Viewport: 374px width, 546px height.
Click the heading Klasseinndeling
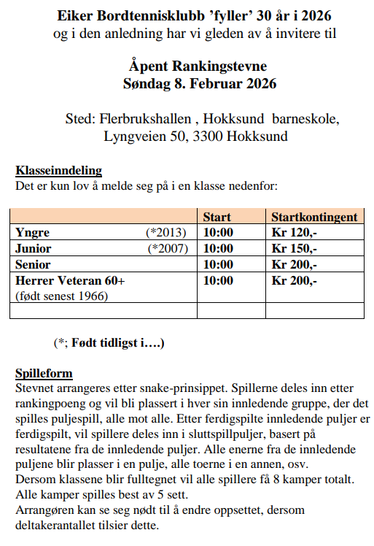(58, 171)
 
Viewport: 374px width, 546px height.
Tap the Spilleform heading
(44, 373)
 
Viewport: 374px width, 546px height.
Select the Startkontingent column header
(314, 217)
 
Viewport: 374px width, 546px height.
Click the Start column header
(217, 217)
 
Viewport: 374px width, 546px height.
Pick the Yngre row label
(32, 233)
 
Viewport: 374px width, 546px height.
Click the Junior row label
(34, 248)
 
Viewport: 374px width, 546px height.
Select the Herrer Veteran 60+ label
(70, 280)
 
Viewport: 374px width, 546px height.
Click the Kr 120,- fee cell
(294, 233)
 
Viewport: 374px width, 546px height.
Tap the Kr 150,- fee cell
(294, 248)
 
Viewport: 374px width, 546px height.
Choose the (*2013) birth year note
(167, 233)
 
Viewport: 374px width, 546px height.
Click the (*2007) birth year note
(168, 248)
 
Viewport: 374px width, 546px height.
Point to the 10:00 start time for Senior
(218, 264)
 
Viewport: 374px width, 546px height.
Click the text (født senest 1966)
(61, 296)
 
